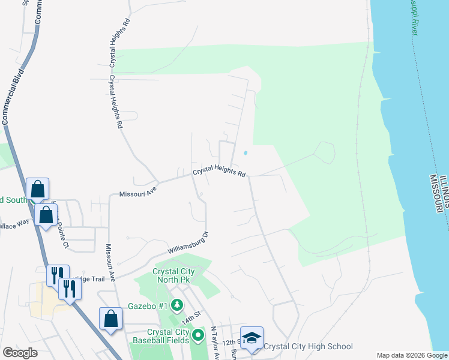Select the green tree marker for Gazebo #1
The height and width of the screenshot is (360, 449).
pos(177,306)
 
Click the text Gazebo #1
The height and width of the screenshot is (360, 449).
pos(147,306)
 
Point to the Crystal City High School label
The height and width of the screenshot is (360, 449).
pos(308,346)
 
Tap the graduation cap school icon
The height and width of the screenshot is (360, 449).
pos(252,337)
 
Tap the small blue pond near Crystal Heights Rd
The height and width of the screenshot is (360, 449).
pos(245,153)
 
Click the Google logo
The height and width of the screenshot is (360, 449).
pos(20,352)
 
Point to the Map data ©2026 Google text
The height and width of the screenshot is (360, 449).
pos(411,355)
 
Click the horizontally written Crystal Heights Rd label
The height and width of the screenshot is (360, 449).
pos(219,173)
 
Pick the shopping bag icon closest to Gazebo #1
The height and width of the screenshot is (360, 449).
pos(111,318)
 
